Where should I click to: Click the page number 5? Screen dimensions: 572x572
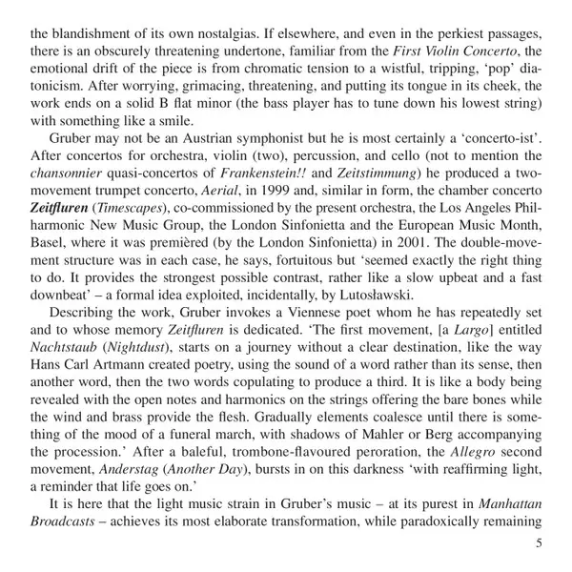(540, 543)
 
